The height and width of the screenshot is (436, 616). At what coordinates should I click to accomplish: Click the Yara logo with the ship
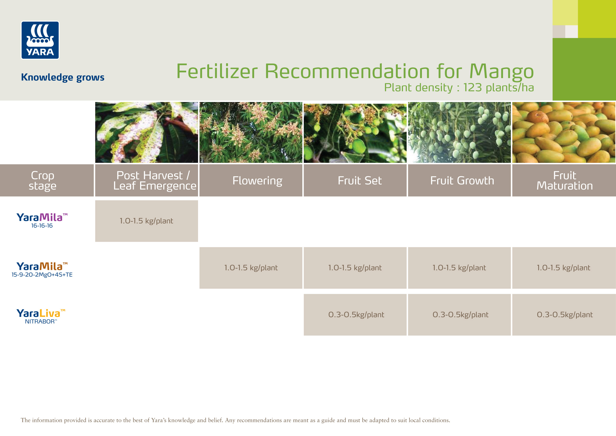click(40, 40)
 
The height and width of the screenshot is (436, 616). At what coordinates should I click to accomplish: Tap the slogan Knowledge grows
click(62, 77)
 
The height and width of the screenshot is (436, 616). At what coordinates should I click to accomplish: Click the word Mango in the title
click(501, 72)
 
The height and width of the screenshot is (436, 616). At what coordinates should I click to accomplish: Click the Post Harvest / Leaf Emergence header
click(146, 180)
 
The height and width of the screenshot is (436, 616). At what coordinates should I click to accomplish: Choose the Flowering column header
click(251, 180)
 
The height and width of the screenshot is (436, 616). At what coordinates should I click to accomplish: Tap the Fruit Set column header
click(355, 180)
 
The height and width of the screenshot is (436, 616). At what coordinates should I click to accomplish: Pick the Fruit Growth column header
click(459, 180)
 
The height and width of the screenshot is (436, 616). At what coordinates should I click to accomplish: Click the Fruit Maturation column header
click(564, 180)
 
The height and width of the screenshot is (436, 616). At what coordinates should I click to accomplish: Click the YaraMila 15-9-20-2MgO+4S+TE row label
click(42, 270)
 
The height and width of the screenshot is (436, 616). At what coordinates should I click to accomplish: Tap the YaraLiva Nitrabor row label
click(41, 316)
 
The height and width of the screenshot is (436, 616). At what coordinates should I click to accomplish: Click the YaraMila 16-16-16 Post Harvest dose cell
click(146, 221)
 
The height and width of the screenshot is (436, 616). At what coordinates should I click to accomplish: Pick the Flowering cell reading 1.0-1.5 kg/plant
click(251, 268)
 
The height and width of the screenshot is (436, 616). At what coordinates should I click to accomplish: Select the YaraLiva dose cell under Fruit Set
click(355, 315)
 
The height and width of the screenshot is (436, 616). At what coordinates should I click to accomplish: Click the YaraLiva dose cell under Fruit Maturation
click(564, 315)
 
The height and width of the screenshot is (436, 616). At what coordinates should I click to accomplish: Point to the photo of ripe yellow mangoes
click(564, 132)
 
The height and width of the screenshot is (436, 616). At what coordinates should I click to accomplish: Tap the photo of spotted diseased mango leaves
click(146, 132)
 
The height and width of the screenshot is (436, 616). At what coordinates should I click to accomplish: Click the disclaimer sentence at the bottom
click(235, 420)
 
